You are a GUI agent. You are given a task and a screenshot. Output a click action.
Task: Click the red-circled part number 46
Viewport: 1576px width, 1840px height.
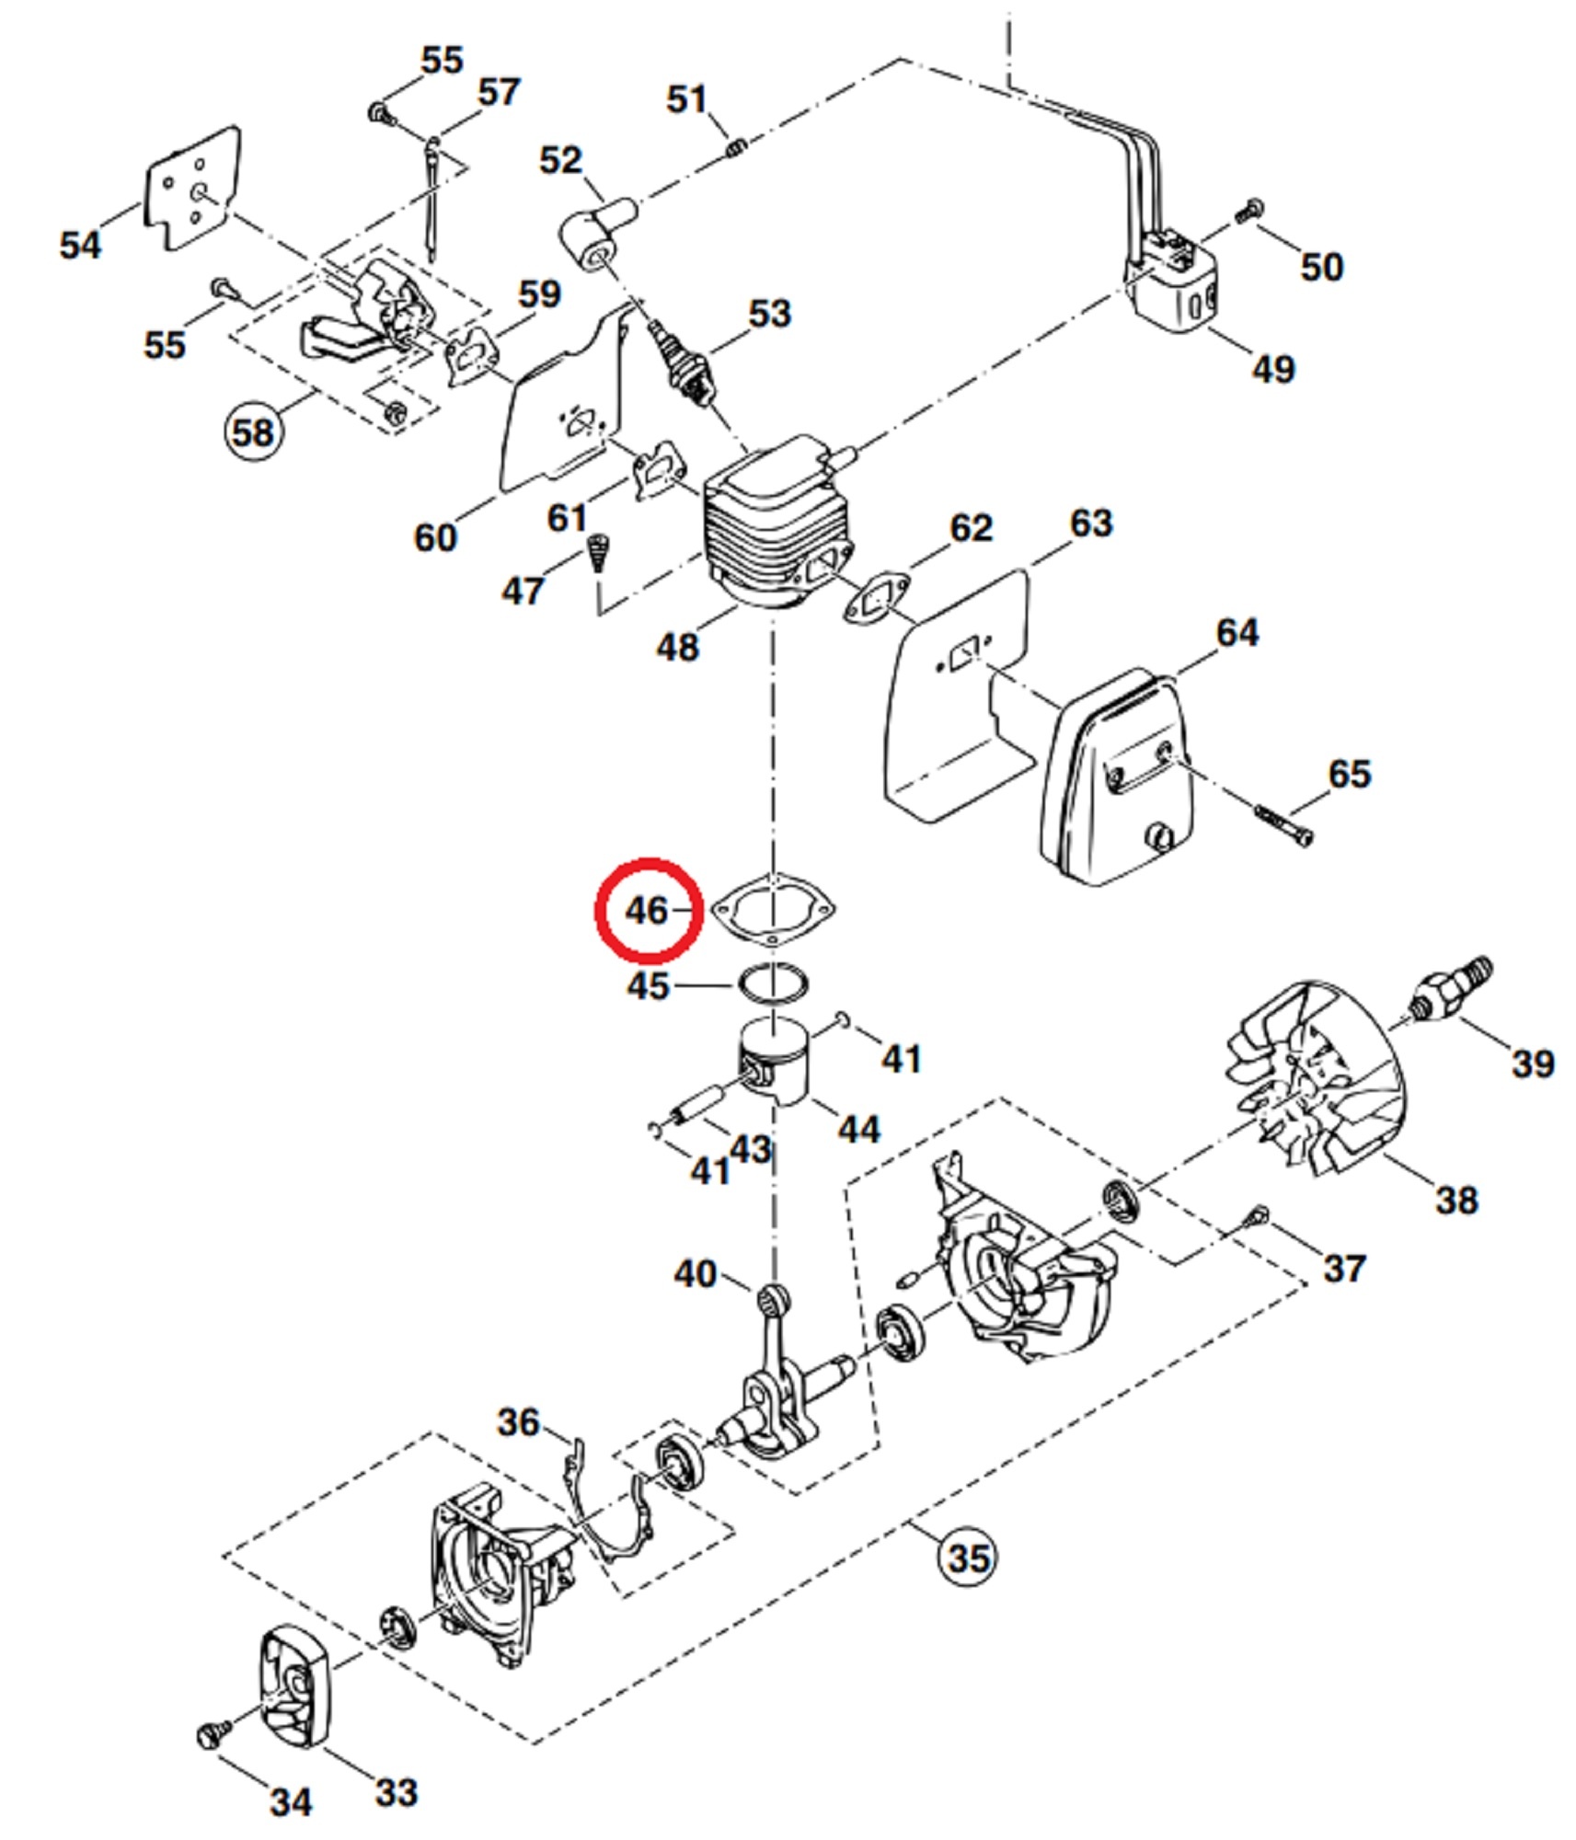tap(648, 910)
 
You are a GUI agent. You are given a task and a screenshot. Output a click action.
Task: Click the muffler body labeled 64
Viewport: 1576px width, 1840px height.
tap(1113, 782)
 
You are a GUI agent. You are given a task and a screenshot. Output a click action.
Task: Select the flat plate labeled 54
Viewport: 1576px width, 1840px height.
tap(193, 189)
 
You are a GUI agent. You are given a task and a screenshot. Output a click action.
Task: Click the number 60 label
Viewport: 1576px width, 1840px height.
tap(435, 537)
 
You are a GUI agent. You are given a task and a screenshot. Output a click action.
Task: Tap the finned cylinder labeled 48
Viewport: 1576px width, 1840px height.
tap(777, 529)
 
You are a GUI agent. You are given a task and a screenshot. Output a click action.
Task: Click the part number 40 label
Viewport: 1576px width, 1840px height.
tap(696, 1274)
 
